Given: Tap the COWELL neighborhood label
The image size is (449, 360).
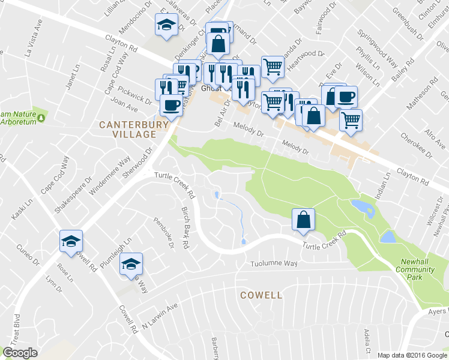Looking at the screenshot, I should click(261, 295).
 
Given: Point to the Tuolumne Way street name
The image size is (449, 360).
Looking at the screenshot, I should click(275, 264).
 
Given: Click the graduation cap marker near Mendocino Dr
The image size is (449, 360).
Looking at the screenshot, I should click(166, 25).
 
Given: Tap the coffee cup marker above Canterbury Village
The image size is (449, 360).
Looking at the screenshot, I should click(171, 106).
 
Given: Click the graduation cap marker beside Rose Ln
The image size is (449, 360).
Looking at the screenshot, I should click(71, 242).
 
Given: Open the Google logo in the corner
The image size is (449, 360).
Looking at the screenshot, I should click(20, 353).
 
